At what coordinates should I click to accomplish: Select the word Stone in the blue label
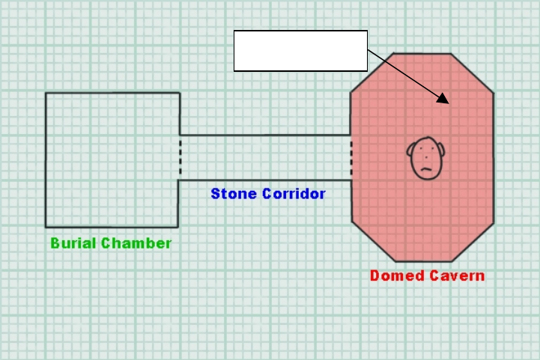click(x=234, y=194)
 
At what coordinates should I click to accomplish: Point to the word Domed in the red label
click(x=395, y=275)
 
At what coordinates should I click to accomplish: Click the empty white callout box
click(x=300, y=51)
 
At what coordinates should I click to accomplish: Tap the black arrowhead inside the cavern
click(x=443, y=99)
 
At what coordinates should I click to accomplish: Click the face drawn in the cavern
click(x=425, y=157)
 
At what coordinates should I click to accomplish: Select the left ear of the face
click(x=410, y=155)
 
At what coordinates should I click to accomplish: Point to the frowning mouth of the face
click(x=425, y=169)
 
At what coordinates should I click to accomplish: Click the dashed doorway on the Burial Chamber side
click(x=180, y=157)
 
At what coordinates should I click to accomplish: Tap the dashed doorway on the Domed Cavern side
click(x=351, y=157)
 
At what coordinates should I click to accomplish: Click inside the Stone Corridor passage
click(x=264, y=158)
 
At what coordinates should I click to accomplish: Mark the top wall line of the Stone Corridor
click(x=264, y=135)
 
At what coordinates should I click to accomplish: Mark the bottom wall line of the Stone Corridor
click(x=264, y=180)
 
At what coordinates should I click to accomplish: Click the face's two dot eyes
click(x=425, y=150)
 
